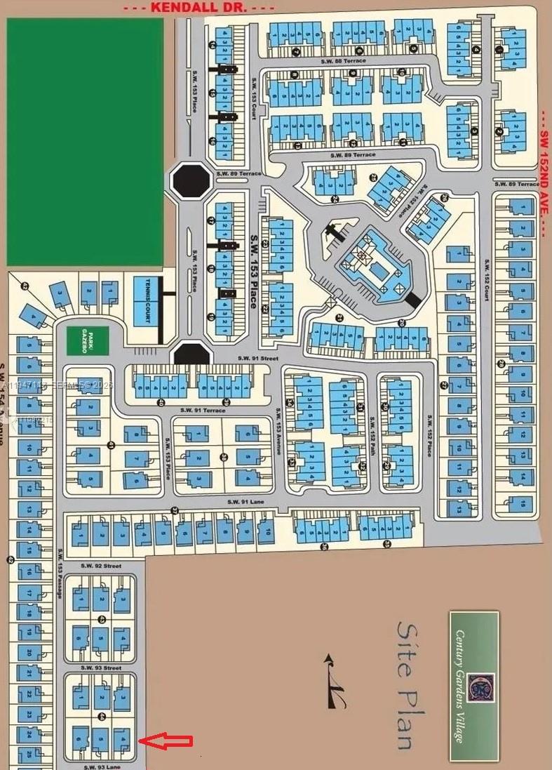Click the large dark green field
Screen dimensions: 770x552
85,141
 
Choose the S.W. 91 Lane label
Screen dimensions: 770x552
244,503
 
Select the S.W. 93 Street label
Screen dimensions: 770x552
101,668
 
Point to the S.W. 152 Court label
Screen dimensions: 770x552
485,281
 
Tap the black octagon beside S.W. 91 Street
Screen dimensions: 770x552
191,354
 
